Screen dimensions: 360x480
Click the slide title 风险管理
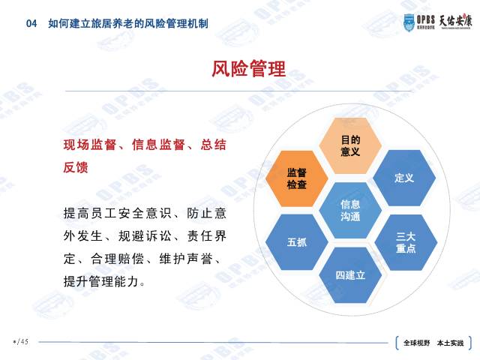click(248, 70)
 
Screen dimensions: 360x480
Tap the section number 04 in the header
click(31, 23)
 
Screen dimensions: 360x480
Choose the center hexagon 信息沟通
click(350, 210)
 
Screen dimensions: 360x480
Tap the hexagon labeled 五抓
click(296, 242)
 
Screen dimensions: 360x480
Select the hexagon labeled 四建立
click(350, 274)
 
